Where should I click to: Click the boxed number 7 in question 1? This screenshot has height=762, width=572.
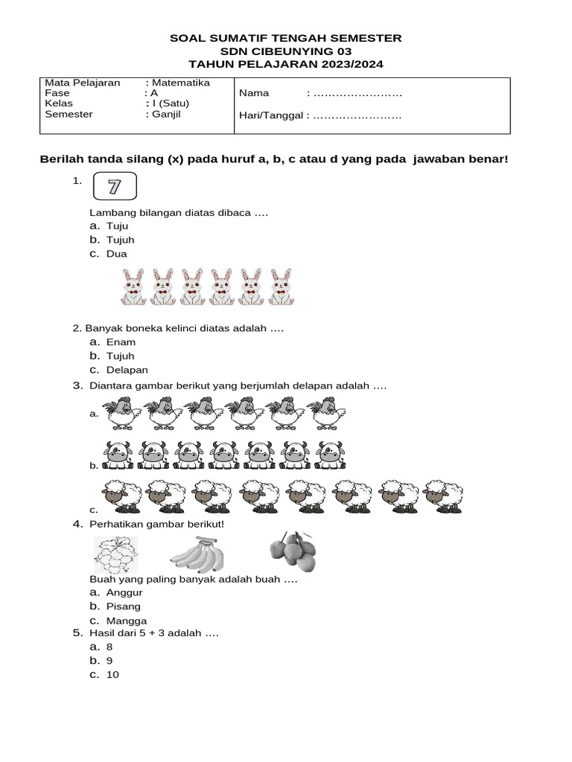114,187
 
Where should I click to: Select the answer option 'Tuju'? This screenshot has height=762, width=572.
117,225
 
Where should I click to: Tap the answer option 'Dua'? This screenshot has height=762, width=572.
116,254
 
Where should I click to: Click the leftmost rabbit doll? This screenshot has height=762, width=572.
134,287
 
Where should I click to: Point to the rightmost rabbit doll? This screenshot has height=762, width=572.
280,287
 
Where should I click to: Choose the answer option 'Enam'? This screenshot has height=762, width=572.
121,342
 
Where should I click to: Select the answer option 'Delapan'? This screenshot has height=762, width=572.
127,370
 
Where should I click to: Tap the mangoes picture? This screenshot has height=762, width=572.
292,554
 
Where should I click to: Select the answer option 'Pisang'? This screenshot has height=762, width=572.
123,606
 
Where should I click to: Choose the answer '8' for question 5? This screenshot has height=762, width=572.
109,647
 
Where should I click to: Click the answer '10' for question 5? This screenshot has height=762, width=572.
112,675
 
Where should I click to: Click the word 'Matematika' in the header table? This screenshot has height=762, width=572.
181,83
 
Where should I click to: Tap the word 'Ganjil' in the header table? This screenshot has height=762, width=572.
167,115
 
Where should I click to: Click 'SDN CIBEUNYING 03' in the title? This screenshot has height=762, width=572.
286,51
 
